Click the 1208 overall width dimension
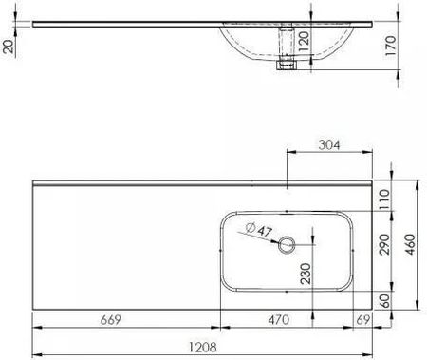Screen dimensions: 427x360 (x=203, y=348)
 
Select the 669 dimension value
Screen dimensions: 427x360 (x=111, y=320)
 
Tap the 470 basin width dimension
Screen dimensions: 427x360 (x=279, y=320)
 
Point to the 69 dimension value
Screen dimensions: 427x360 (x=363, y=320)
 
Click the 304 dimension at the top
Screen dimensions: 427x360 (x=329, y=145)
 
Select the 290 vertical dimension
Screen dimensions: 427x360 (x=384, y=244)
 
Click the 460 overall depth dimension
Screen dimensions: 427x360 (x=410, y=244)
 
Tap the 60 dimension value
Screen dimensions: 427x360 (x=384, y=301)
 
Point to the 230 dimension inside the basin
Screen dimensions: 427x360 (x=306, y=274)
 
